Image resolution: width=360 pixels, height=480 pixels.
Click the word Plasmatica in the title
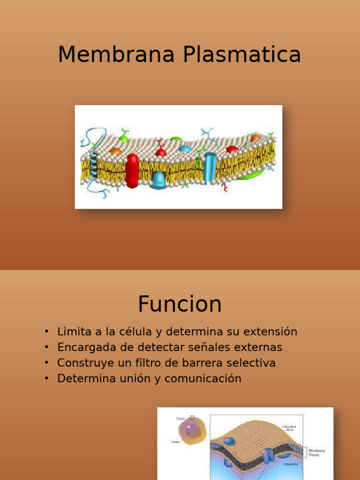[242, 55]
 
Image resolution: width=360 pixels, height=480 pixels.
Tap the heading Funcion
[180, 304]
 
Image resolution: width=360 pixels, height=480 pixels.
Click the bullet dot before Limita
[46, 332]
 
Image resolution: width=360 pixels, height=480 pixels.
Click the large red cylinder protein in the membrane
[132, 171]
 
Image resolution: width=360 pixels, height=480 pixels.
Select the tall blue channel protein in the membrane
[210, 168]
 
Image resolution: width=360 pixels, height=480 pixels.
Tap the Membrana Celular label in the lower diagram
[316, 453]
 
